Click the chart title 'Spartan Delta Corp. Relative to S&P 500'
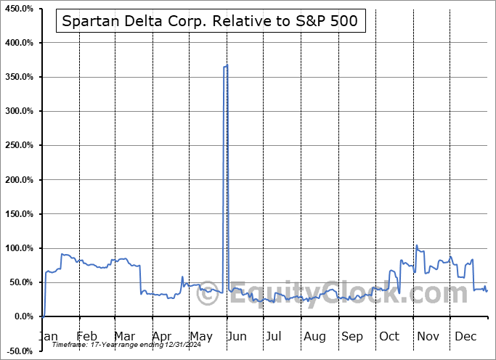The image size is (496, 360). [x=209, y=21]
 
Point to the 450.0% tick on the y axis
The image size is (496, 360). [x=18, y=9]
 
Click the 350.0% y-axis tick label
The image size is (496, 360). [x=18, y=77]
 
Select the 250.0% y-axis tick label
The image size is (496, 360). [x=18, y=145]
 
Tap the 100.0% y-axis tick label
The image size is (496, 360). [x=18, y=248]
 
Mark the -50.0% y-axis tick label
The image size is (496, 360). [x=20, y=351]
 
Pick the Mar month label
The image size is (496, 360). [x=123, y=336]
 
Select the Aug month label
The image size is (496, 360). [x=315, y=336]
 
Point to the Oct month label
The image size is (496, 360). [x=389, y=336]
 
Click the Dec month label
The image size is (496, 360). [x=466, y=336]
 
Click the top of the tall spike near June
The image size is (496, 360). [x=227, y=65]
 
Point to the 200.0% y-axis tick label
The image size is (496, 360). [x=18, y=179]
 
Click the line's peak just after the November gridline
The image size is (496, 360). [x=417, y=245]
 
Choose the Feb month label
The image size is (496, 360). [x=86, y=336]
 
